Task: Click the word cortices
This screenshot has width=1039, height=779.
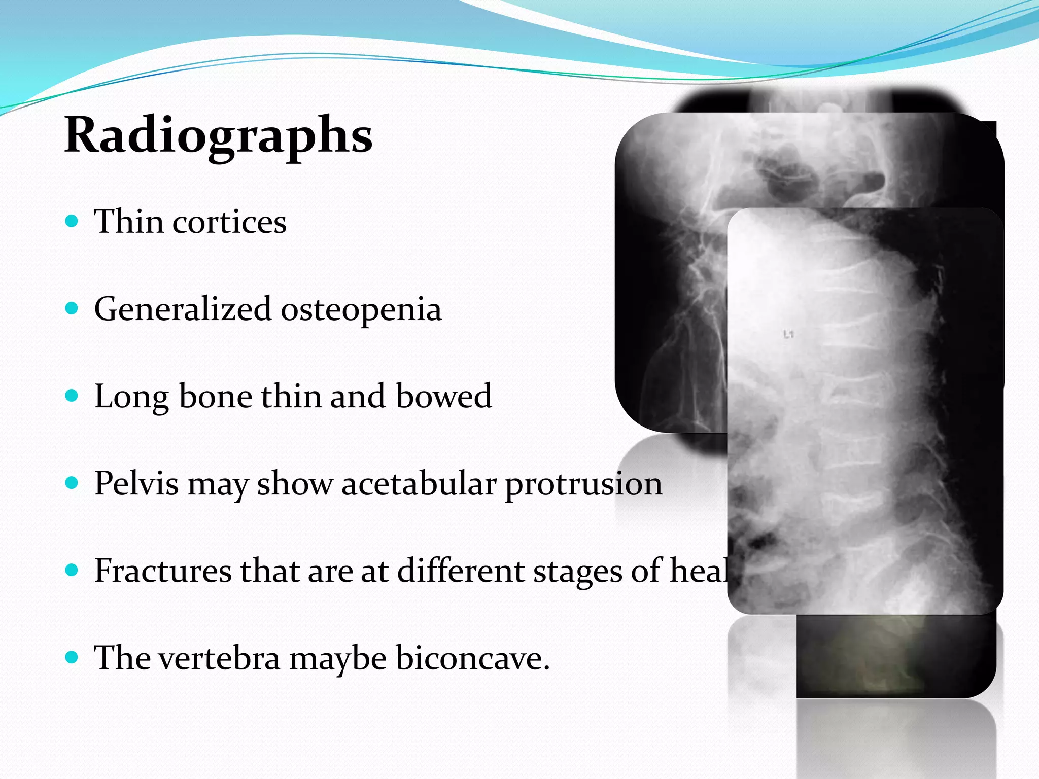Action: pyautogui.click(x=229, y=222)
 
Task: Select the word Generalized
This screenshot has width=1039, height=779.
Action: pyautogui.click(x=183, y=309)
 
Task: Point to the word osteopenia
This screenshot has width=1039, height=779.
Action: pyautogui.click(x=361, y=309)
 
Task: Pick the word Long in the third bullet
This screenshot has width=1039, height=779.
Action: pyautogui.click(x=131, y=397)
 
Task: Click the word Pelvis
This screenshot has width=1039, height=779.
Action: pyautogui.click(x=136, y=483)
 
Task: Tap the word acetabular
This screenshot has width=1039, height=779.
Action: pyautogui.click(x=419, y=483)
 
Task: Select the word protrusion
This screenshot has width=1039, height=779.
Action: pyautogui.click(x=583, y=484)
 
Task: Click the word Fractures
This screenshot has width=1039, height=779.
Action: pyautogui.click(x=162, y=571)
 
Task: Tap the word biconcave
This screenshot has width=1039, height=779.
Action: pyautogui.click(x=472, y=658)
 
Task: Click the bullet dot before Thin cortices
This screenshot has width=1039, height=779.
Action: pyautogui.click(x=72, y=221)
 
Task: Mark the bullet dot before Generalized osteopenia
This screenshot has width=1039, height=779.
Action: pyautogui.click(x=72, y=308)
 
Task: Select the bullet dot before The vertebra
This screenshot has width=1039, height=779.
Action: pyautogui.click(x=72, y=657)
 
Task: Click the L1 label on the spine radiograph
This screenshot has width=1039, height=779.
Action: pyautogui.click(x=788, y=334)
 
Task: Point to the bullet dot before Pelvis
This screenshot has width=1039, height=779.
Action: pyautogui.click(x=72, y=483)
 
